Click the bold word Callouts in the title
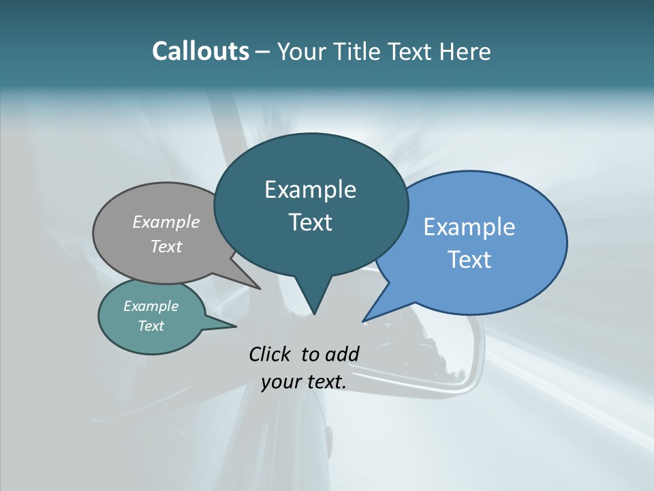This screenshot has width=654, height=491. tap(201, 51)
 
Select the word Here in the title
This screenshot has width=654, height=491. tap(467, 51)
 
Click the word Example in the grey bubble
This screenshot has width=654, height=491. tap(166, 222)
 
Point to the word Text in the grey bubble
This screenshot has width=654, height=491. tap(166, 246)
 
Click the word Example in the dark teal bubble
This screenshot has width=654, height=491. tap(310, 190)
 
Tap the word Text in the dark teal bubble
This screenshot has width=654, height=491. tap(310, 222)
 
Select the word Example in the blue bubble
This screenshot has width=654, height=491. tap(469, 226)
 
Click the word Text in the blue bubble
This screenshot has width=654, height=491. tap(469, 259)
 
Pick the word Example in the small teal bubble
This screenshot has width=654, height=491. tap(151, 306)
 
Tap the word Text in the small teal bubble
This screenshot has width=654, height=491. tap(151, 326)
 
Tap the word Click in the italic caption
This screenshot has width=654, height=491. tap(271, 354)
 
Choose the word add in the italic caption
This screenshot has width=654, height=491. tap(342, 354)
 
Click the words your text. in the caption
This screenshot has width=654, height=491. tap(304, 382)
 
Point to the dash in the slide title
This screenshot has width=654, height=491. tap(264, 52)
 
